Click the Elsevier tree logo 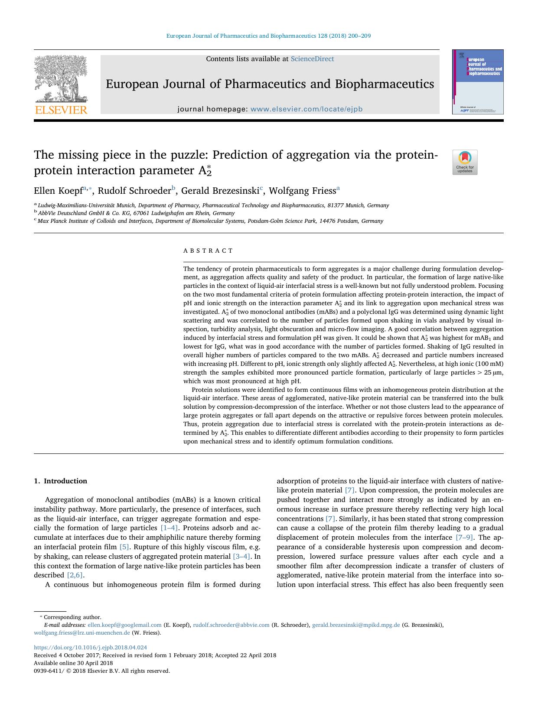click(x=61, y=85)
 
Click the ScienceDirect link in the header click(x=312, y=59)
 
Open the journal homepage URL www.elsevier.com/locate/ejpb click(x=306, y=109)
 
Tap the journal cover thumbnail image click(x=478, y=82)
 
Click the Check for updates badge click(x=465, y=162)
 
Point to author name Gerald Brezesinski click(x=220, y=191)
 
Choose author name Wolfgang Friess click(x=302, y=191)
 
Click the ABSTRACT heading click(x=208, y=251)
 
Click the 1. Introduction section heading click(x=60, y=481)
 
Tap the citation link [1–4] click(x=169, y=528)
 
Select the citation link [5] click(x=124, y=547)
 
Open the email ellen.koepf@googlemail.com click(x=124, y=625)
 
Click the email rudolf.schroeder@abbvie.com click(x=231, y=625)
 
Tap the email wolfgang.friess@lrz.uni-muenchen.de click(x=82, y=632)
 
